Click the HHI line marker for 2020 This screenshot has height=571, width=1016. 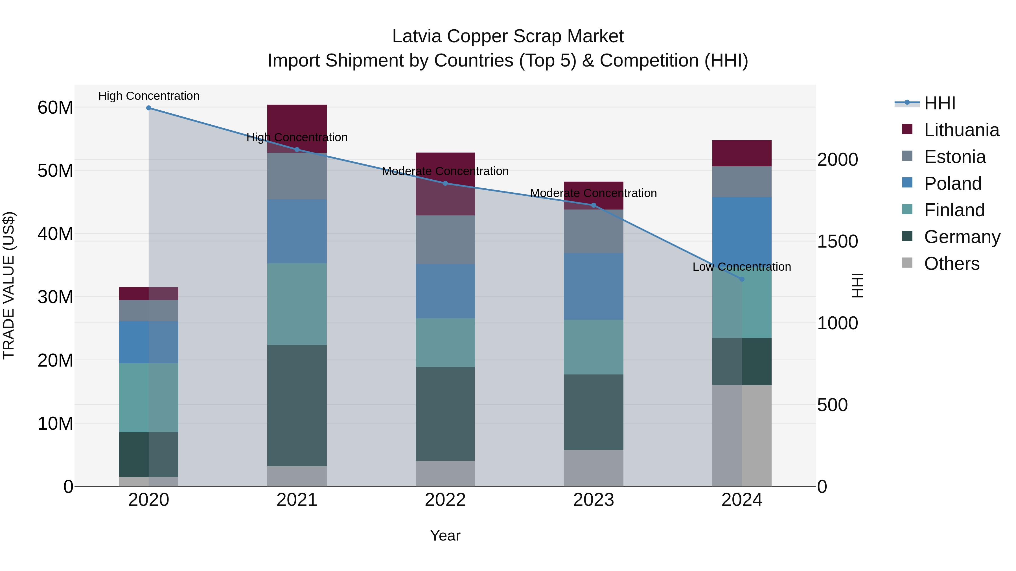tap(149, 108)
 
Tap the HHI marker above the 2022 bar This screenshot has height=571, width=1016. tap(445, 183)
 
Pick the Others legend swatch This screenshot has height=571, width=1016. tap(907, 263)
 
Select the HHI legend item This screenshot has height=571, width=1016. tap(940, 103)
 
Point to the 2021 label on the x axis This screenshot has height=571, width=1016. tap(297, 500)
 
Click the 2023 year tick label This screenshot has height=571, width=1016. tap(594, 500)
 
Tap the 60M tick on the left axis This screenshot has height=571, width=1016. tap(55, 108)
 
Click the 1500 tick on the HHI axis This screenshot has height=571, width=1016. tap(837, 242)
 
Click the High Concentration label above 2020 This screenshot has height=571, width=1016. tap(149, 96)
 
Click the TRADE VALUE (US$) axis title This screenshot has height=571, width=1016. tap(9, 285)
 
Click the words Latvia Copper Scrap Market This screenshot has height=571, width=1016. tap(508, 36)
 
